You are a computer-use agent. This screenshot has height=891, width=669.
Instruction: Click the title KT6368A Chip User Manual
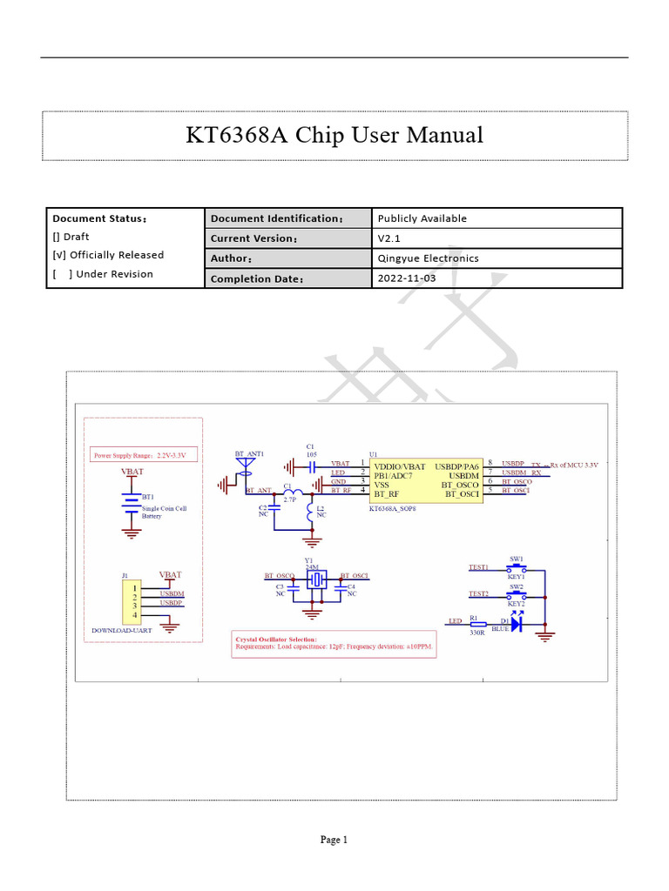click(x=334, y=135)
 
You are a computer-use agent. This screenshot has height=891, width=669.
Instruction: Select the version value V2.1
click(x=388, y=238)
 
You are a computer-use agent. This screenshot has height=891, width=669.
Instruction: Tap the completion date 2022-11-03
click(x=406, y=278)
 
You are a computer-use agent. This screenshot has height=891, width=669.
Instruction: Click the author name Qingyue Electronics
click(x=428, y=258)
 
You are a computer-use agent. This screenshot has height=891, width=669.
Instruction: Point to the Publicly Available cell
click(x=422, y=218)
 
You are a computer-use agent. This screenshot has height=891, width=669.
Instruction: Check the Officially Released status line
click(x=108, y=255)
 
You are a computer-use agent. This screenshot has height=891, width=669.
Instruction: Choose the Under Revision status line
click(x=103, y=274)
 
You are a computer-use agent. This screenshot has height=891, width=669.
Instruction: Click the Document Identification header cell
click(x=277, y=218)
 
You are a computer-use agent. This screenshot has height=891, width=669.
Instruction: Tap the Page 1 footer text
click(x=334, y=840)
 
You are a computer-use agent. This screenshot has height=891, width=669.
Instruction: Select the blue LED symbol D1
click(x=516, y=623)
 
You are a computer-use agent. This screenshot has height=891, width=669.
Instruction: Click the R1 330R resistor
click(x=477, y=623)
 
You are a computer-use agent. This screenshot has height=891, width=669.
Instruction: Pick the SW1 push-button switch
click(x=516, y=567)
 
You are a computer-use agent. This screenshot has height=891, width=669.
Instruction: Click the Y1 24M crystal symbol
click(x=315, y=580)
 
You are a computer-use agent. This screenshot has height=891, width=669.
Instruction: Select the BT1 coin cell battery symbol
click(x=132, y=506)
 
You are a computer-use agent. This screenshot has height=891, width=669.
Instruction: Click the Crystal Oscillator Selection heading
click(x=277, y=640)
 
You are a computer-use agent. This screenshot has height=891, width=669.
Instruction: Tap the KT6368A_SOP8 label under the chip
click(x=395, y=507)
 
